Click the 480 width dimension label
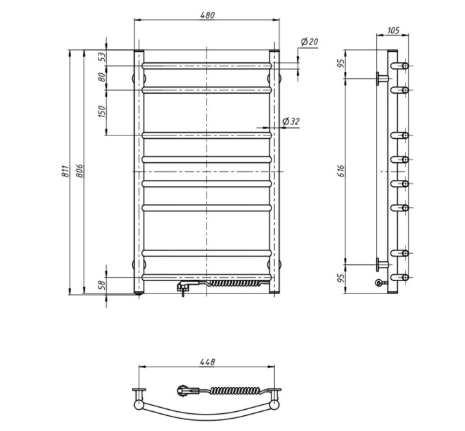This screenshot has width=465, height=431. (x=207, y=15)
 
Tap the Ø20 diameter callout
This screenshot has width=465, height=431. (x=309, y=42)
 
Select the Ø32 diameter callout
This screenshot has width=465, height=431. (x=291, y=121)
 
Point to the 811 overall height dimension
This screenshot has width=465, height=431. (x=65, y=172)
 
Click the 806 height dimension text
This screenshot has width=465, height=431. (x=79, y=171)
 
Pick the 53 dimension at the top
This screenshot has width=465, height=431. (x=102, y=57)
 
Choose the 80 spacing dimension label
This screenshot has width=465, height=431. (x=102, y=77)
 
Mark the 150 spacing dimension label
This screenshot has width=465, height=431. (x=102, y=112)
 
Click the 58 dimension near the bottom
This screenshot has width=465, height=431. (x=102, y=285)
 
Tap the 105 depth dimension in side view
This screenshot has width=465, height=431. (x=393, y=30)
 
